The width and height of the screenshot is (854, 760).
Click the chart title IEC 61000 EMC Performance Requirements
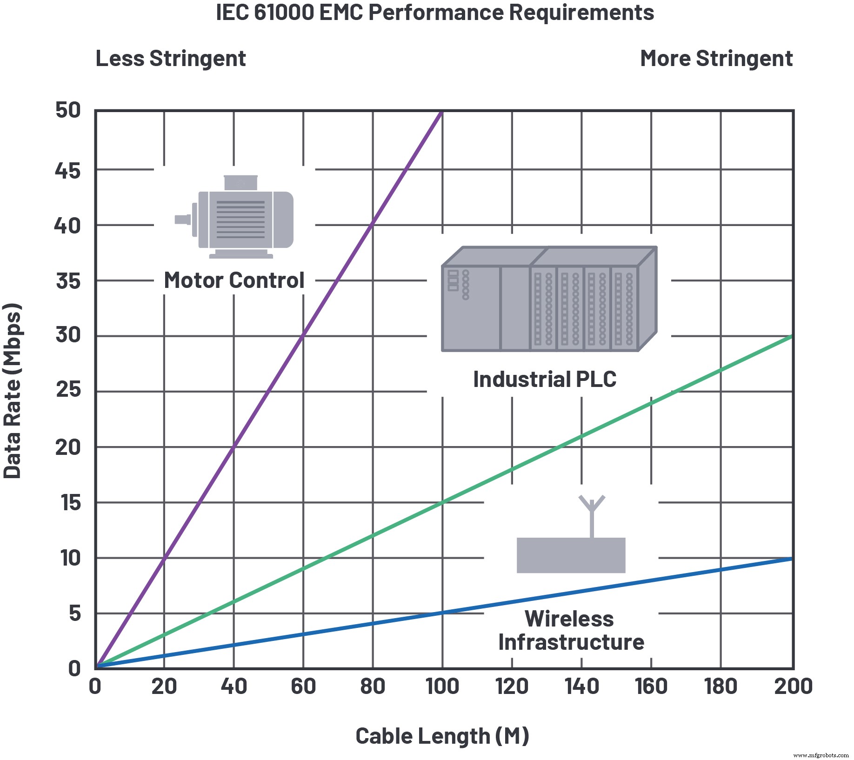[x=435, y=13]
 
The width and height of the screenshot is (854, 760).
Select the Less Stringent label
[x=171, y=59]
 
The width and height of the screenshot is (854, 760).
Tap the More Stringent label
[x=716, y=59]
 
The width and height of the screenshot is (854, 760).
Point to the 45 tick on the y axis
[x=68, y=171]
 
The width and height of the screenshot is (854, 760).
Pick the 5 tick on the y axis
[x=74, y=613]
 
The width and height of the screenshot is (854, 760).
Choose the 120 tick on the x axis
[x=512, y=687]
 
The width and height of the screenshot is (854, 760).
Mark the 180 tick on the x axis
[x=721, y=687]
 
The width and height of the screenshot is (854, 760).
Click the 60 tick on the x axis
[x=303, y=687]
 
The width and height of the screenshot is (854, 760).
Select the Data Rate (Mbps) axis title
[x=13, y=391]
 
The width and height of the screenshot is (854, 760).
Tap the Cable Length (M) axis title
[x=442, y=736]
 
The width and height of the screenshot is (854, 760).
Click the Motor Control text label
[x=234, y=280]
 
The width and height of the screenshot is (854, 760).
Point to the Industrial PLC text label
[x=545, y=380]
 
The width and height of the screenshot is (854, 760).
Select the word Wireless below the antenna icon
[x=569, y=619]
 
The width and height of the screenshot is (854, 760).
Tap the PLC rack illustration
[x=549, y=299]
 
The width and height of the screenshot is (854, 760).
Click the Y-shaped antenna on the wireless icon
[x=592, y=505]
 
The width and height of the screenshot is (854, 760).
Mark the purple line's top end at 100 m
[x=441, y=112]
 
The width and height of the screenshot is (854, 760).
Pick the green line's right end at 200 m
[x=791, y=336]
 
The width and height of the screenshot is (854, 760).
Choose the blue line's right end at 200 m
[x=791, y=559]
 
